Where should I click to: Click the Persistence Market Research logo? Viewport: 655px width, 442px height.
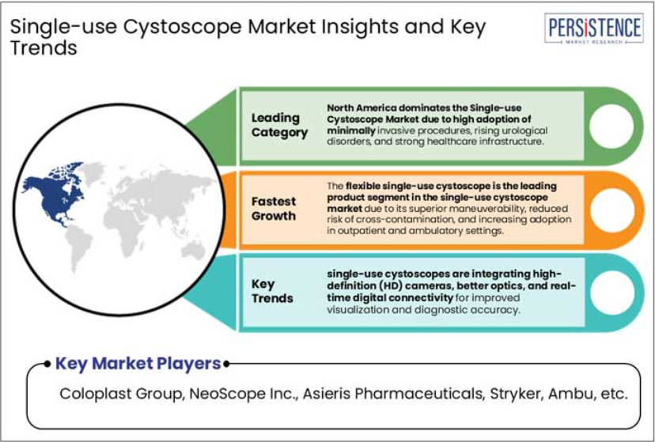[x=594, y=28]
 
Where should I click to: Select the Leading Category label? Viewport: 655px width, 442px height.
[x=279, y=125]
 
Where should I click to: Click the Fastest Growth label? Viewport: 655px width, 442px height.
[x=274, y=209]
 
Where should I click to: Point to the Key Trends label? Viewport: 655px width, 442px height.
[x=272, y=291]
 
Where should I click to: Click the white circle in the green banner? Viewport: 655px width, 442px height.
[x=611, y=127]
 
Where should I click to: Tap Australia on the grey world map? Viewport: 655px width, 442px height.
[x=193, y=251]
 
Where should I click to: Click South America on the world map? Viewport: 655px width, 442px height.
[x=78, y=247]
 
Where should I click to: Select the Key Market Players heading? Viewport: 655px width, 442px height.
[x=138, y=364]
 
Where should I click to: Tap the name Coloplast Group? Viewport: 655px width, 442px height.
[x=122, y=394]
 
